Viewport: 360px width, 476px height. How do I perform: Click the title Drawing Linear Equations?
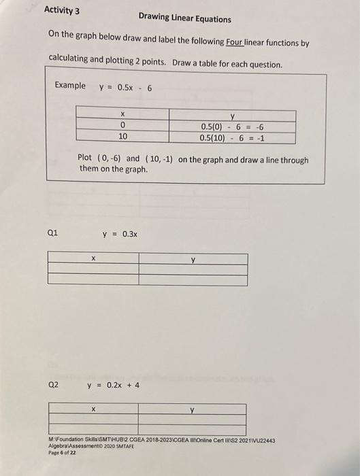point(184,19)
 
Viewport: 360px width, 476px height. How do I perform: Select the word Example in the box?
point(70,86)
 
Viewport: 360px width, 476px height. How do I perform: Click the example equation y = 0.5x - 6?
point(125,87)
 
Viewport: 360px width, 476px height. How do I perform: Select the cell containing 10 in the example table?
point(122,137)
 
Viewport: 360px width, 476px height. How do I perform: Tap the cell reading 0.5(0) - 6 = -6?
point(232,126)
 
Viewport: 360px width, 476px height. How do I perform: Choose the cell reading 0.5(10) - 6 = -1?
point(232,137)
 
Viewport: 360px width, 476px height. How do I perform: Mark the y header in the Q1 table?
point(193,258)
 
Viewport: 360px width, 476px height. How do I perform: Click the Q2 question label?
point(53,384)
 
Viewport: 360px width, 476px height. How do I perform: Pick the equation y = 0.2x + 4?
point(113,385)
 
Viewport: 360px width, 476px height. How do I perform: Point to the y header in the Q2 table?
point(193,410)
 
